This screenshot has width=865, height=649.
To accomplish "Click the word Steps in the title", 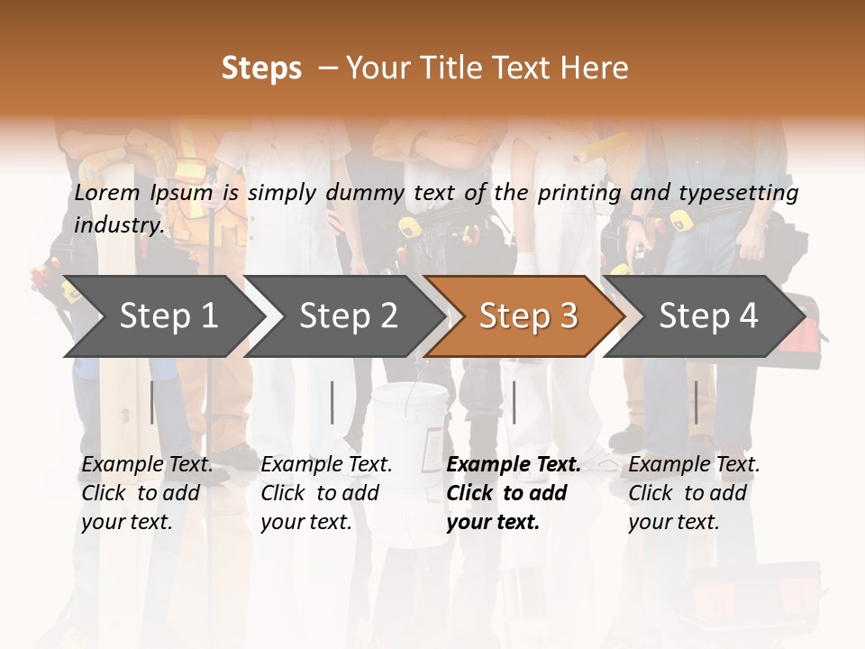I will [x=261, y=69].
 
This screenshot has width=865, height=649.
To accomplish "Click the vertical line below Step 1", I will [x=152, y=402].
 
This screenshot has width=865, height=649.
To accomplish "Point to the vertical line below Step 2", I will [x=332, y=402].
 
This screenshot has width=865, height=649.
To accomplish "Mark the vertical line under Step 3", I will [x=514, y=402].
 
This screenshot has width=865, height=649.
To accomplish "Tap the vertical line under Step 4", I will [x=696, y=402].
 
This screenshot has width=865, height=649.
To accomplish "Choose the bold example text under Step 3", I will [x=513, y=493].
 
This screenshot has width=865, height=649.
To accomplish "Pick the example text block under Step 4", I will [x=694, y=493].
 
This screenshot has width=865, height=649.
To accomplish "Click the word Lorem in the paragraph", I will [x=107, y=193].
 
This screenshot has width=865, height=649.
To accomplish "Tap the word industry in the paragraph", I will [x=118, y=224].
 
